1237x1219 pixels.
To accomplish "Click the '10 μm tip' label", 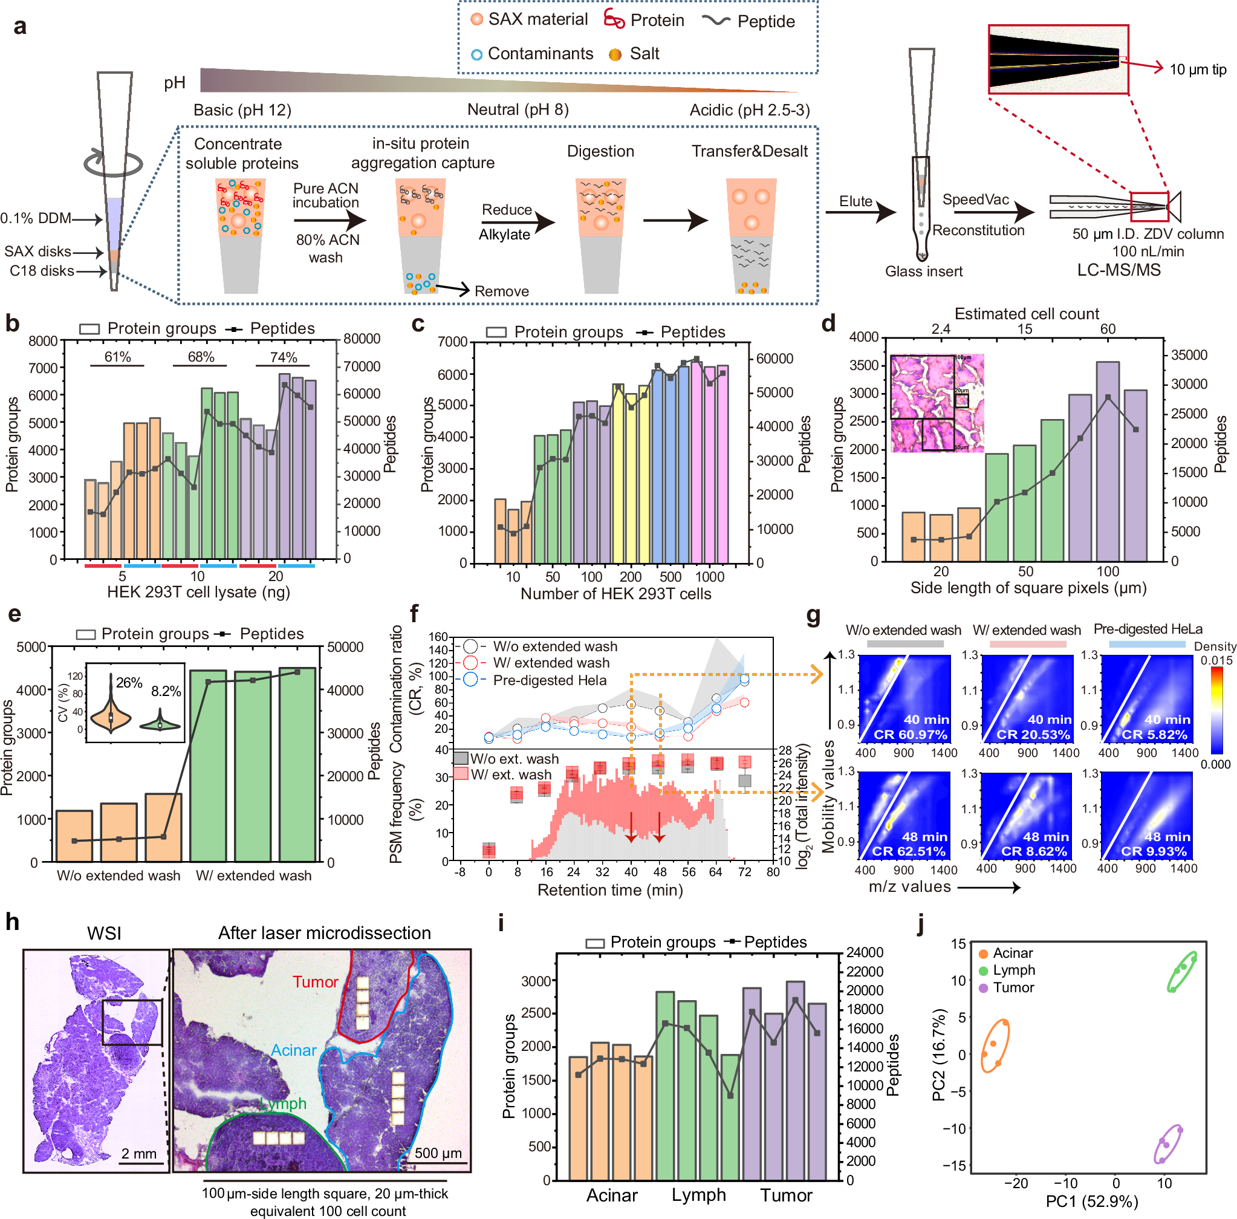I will tap(1197, 69).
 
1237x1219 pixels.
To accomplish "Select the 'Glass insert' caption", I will tap(923, 271).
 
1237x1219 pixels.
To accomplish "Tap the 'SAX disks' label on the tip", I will tap(37, 252).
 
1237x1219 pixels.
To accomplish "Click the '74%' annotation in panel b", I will tap(283, 357).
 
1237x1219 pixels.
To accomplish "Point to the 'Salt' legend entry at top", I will tap(644, 54).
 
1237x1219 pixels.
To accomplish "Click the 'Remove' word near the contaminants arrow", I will tap(501, 291).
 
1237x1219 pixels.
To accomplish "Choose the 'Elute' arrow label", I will tap(856, 201).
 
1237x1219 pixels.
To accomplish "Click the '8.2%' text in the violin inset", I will tap(166, 692).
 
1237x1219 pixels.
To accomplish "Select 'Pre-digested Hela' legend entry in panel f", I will tap(550, 680).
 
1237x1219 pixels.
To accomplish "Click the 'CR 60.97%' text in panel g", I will tap(910, 734).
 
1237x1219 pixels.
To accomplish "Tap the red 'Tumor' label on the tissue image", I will tap(315, 981).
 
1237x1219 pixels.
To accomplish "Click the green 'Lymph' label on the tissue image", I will tap(283, 1103).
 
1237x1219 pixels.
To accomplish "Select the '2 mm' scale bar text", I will tap(139, 1154).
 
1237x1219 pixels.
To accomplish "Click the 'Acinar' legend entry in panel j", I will tap(1012, 954).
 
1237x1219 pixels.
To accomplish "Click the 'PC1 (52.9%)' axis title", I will tap(1092, 1201).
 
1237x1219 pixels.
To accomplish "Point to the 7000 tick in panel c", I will tap(453, 342).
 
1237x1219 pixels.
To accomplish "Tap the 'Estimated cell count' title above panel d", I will tap(1027, 314).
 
